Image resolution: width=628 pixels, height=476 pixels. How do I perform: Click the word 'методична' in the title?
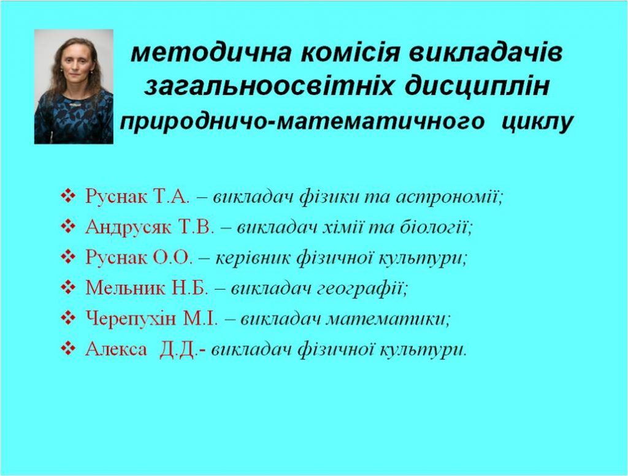coord(211,53)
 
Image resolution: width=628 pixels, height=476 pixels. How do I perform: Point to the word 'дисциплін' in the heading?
coord(476,87)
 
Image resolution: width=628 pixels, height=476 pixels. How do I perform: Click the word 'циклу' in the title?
coord(537,121)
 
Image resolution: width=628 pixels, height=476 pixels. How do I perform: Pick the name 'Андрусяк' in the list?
coord(128,227)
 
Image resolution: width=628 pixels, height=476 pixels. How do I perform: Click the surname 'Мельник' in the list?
coord(124,287)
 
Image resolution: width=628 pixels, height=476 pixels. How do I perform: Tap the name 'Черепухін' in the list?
coord(131,319)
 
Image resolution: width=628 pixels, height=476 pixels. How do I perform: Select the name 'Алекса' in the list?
coord(116,350)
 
